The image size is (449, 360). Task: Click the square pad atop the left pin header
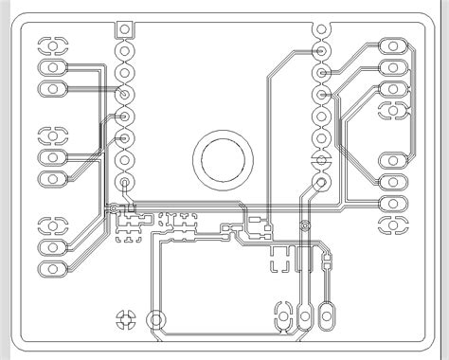click(x=125, y=29)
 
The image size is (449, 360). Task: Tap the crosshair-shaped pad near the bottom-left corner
click(x=124, y=320)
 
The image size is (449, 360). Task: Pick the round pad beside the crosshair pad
click(x=158, y=320)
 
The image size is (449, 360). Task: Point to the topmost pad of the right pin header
click(x=324, y=29)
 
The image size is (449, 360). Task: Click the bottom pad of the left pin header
click(x=125, y=182)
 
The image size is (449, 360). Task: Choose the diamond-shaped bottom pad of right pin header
click(x=324, y=182)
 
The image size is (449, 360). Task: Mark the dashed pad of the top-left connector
click(x=53, y=44)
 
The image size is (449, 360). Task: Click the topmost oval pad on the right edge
click(x=391, y=45)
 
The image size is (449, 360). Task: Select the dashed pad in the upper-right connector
click(x=391, y=113)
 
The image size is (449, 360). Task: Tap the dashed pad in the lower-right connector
click(x=391, y=225)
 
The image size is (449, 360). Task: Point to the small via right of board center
click(x=304, y=225)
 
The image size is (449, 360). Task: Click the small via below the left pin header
click(x=114, y=207)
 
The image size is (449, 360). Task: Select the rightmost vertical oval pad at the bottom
click(x=328, y=315)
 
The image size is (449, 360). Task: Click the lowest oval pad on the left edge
click(x=53, y=270)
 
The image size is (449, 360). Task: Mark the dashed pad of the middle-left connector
click(x=53, y=134)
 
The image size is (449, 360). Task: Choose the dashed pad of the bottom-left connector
click(x=53, y=225)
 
